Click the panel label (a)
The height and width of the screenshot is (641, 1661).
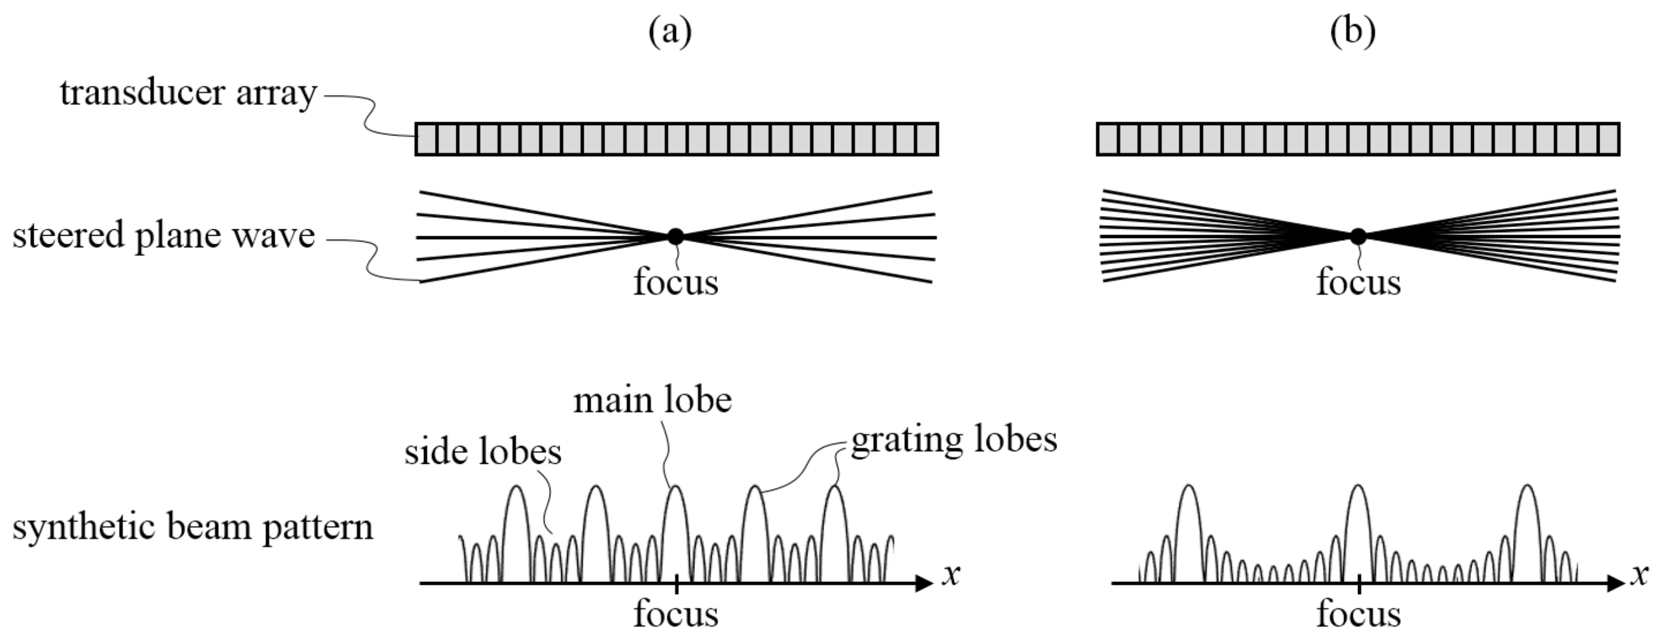tap(670, 31)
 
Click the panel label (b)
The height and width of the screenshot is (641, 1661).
tap(1353, 31)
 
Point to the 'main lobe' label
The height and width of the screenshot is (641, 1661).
tap(653, 401)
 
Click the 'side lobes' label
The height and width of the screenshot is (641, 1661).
tap(483, 452)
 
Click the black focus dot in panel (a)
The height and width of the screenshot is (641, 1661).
tap(675, 237)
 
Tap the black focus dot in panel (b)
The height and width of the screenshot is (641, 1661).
tap(1358, 237)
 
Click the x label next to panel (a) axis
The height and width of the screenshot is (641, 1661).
tap(951, 573)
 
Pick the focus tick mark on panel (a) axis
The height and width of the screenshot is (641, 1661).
tap(676, 583)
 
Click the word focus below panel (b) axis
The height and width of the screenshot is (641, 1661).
tap(1359, 614)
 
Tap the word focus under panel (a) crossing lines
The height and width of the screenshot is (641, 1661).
tap(676, 283)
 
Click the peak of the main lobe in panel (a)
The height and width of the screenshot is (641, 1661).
tap(675, 487)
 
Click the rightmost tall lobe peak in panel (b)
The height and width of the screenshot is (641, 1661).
tap(1527, 486)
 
